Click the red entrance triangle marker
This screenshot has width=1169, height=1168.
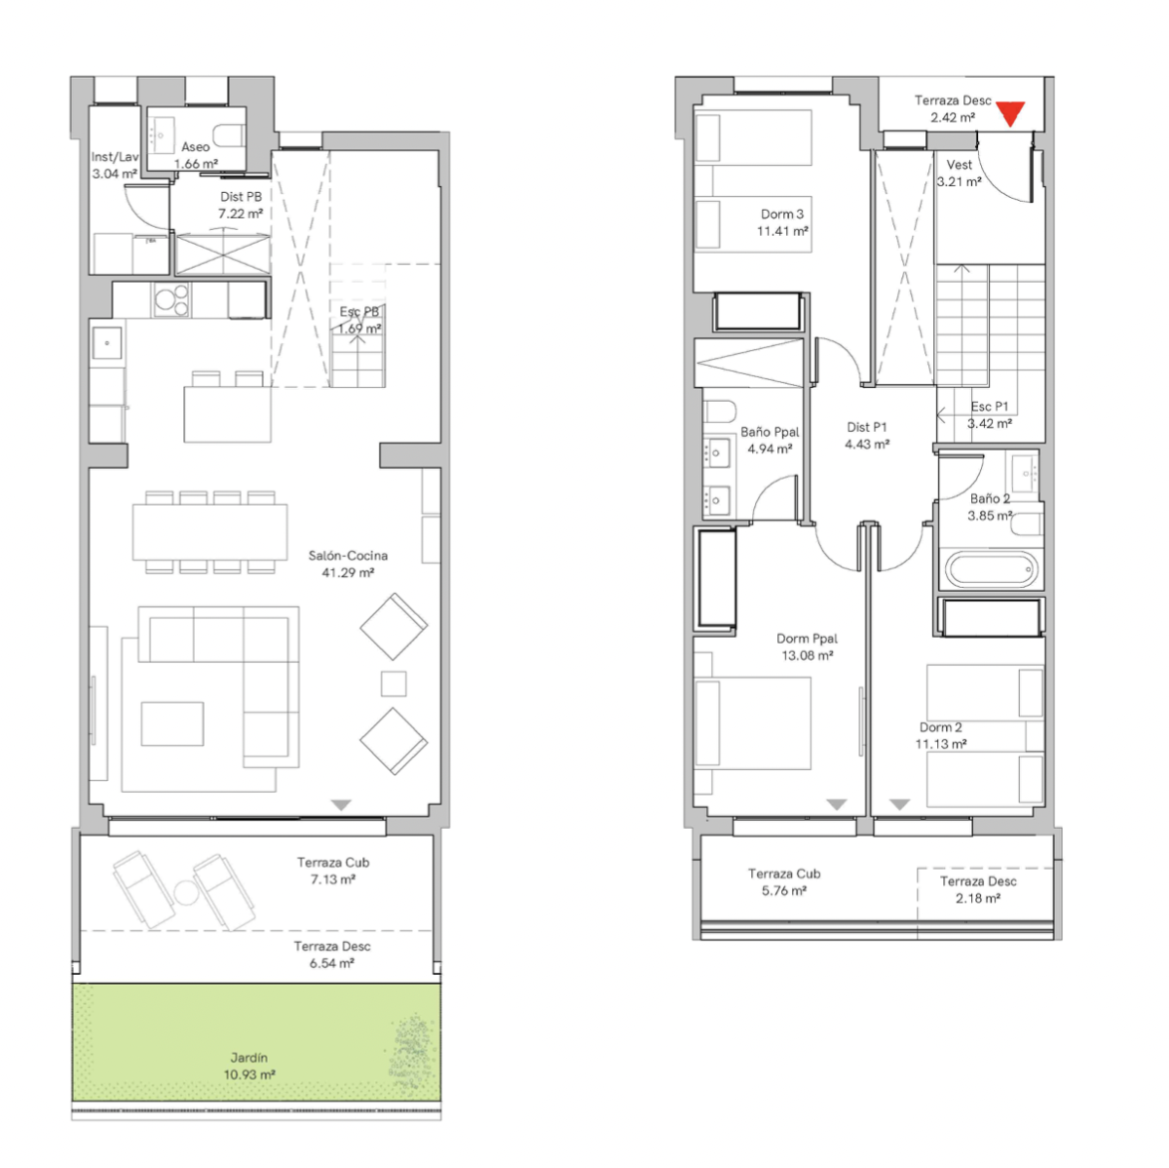tap(1010, 113)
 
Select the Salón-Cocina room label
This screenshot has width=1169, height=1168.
tap(348, 555)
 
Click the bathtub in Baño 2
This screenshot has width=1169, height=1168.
tap(992, 569)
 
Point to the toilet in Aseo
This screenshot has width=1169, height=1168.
tap(229, 136)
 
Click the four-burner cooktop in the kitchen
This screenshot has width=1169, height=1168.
tap(171, 300)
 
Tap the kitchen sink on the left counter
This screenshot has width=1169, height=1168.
tap(107, 343)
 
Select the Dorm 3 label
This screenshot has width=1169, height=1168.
tap(782, 214)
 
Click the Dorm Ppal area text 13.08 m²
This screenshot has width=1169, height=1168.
tap(807, 655)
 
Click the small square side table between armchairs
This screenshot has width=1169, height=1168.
tap(394, 683)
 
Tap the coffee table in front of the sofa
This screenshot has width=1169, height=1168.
tap(172, 723)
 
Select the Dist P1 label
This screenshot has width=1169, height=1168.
tap(866, 427)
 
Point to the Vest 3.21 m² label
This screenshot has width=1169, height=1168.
tap(959, 174)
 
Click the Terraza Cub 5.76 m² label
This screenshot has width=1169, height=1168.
tap(784, 882)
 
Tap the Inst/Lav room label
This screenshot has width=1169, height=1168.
tap(114, 157)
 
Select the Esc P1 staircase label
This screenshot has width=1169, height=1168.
tap(990, 407)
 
